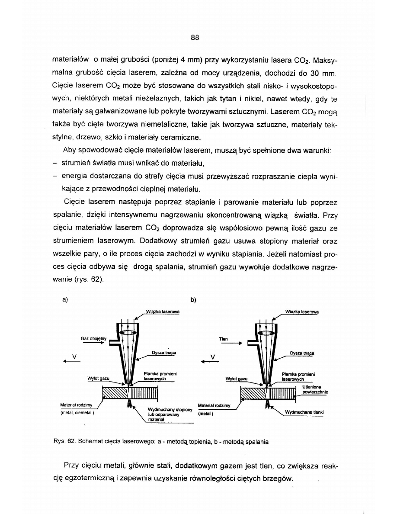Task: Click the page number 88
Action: [194, 38]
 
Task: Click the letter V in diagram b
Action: [213, 357]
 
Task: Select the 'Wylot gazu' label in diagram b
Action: [236, 379]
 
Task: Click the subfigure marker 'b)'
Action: [193, 299]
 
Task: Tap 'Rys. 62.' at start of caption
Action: [63, 442]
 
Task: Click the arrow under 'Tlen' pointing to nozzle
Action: [232, 344]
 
